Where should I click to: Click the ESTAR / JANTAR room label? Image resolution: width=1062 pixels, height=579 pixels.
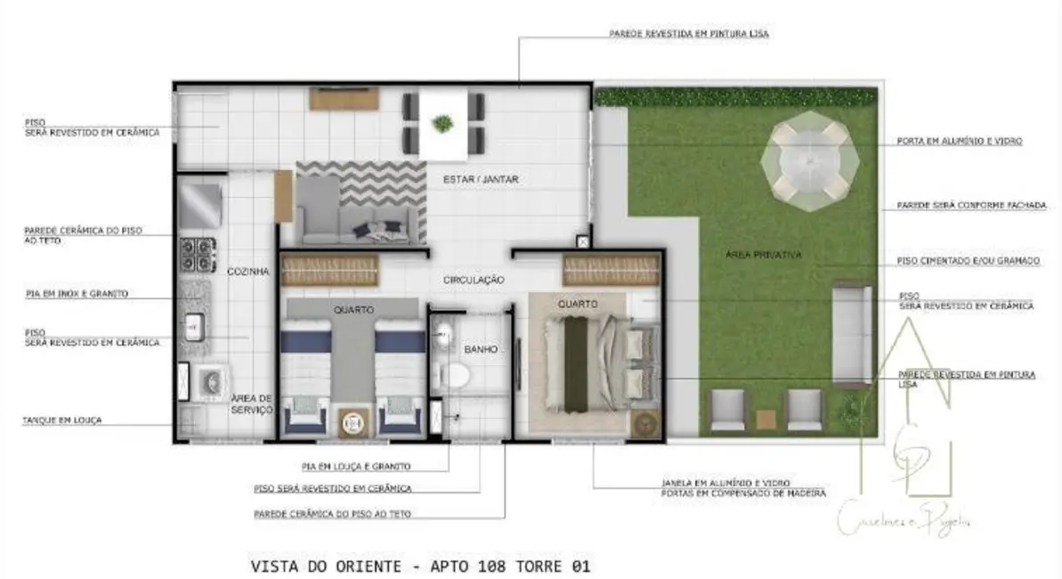480,180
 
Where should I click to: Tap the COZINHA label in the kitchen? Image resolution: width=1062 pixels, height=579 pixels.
248,272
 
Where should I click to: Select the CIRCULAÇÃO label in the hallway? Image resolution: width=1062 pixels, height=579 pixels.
474,280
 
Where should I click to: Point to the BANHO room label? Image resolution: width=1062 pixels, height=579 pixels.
480,349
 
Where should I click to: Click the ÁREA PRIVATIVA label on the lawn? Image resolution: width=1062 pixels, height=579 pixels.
763,255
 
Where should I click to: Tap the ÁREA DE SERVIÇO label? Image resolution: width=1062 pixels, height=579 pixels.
251,404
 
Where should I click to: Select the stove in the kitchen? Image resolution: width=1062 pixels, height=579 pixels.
197,255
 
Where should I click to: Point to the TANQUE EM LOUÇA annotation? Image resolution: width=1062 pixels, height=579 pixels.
62,419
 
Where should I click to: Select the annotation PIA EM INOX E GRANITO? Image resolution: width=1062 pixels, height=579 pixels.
76,293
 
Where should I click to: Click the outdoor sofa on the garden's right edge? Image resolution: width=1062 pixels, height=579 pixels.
852,332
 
